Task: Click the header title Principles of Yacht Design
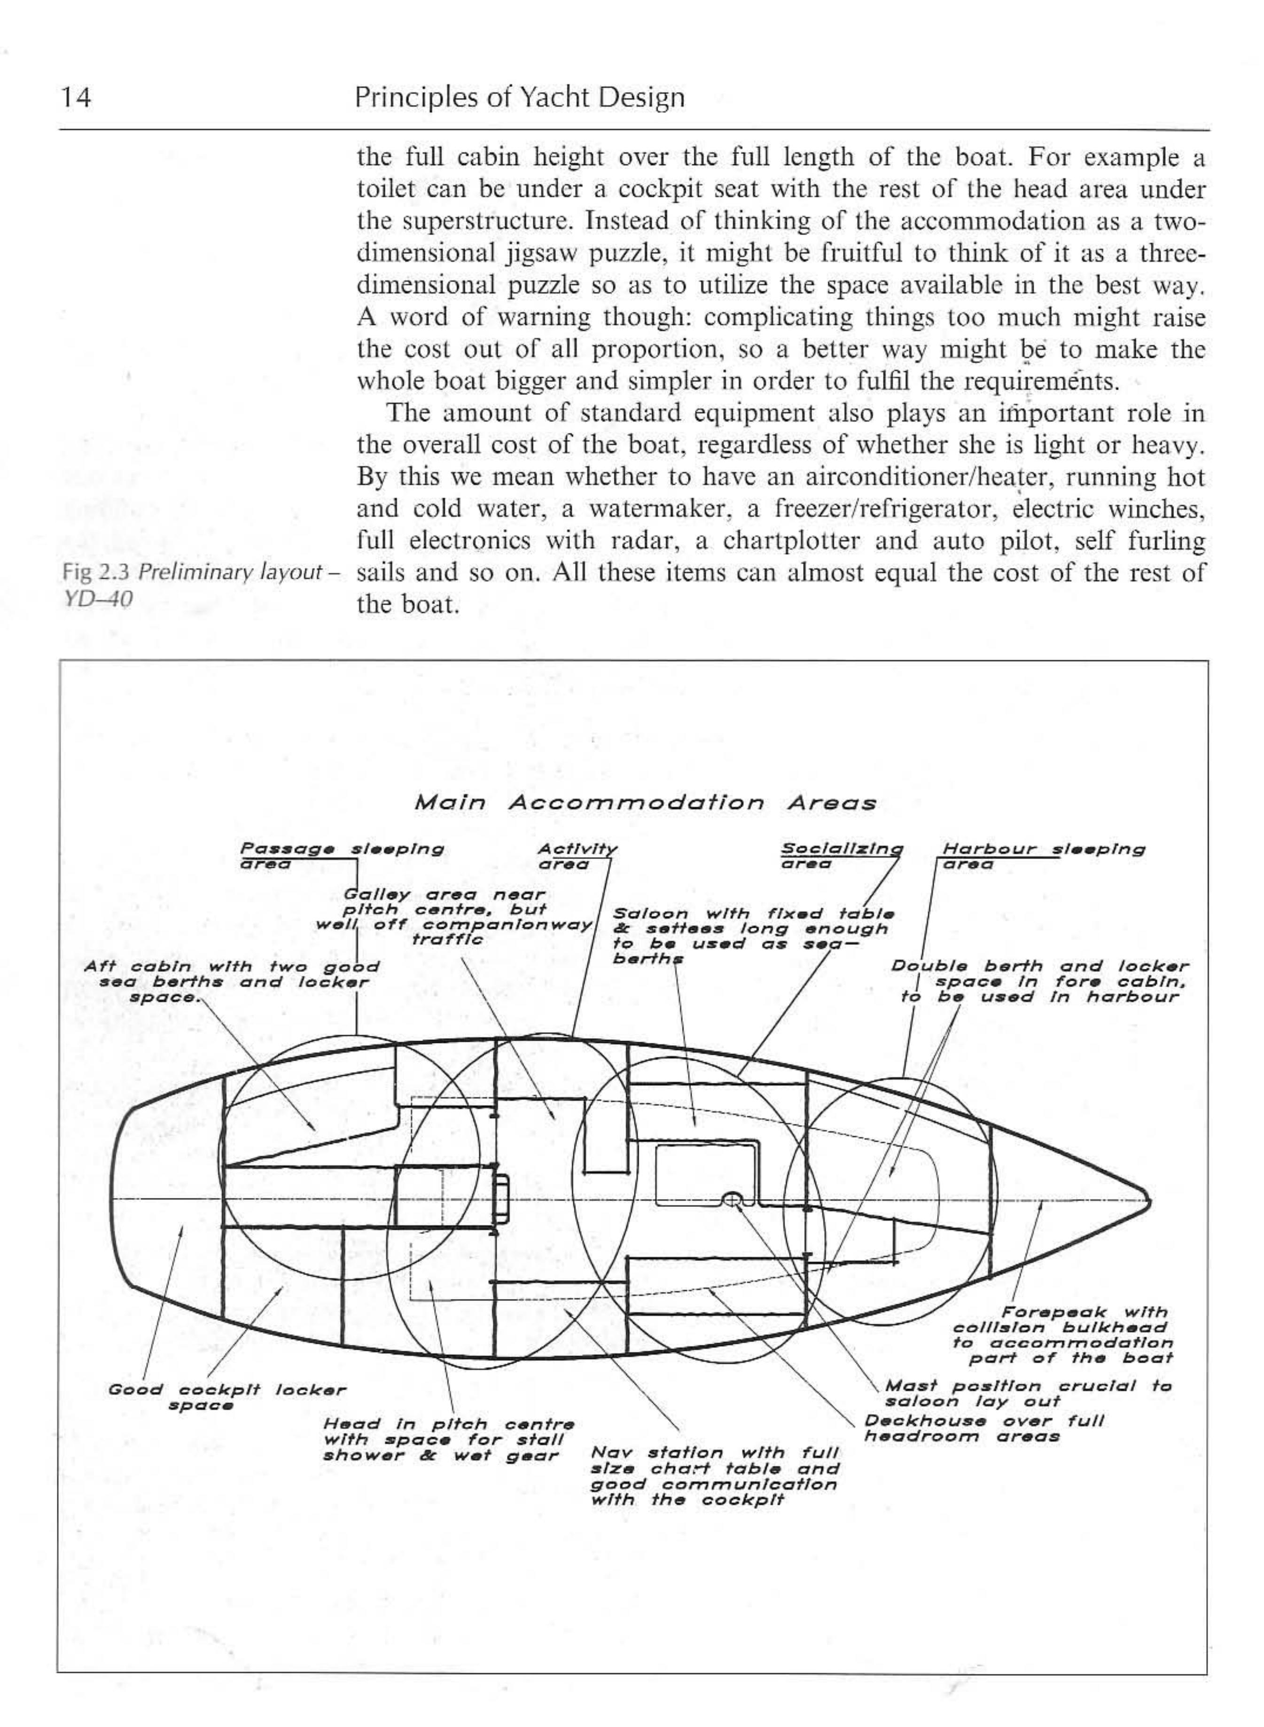click(x=520, y=98)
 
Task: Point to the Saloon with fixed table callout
click(x=753, y=936)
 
